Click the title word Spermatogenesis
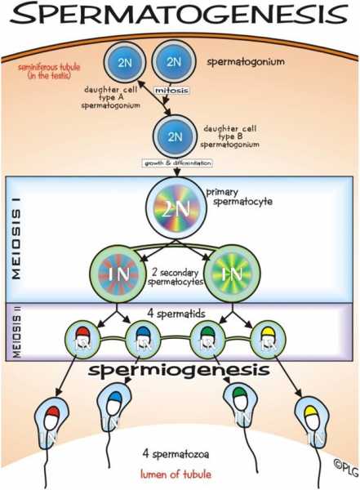(x=180, y=16)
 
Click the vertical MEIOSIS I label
(x=16, y=245)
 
